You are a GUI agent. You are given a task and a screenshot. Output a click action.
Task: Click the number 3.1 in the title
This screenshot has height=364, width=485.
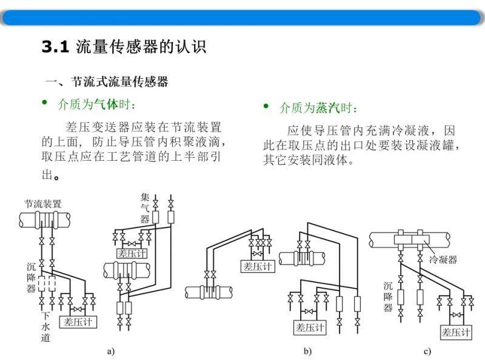pos(55,47)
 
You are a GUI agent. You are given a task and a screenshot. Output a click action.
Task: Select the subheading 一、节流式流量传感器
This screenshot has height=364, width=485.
pos(107,82)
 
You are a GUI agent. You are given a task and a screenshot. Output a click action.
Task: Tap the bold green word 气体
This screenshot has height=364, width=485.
pos(106,104)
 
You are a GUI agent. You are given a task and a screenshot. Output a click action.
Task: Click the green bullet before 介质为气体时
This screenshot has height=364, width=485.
pos(44,102)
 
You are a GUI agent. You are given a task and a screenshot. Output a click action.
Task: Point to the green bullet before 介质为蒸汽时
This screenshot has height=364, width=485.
pos(266,106)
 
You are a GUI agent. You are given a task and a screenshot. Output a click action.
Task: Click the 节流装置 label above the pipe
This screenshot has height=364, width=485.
pos(43,204)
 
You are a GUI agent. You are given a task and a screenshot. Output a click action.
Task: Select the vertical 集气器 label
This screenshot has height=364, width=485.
pos(145,208)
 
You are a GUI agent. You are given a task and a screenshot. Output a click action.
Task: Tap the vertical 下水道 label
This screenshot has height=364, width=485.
pos(45,327)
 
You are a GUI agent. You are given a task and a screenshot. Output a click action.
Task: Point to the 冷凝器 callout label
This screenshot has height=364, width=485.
pos(443,260)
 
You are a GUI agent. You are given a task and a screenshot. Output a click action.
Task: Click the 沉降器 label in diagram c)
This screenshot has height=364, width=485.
pos(388,296)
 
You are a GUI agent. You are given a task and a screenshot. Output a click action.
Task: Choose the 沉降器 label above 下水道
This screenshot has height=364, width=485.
pos(31,278)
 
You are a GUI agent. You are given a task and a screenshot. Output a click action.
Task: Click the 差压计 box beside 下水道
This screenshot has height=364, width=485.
pos(78,322)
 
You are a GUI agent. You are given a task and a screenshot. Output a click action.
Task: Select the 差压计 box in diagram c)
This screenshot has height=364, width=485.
pos(457,332)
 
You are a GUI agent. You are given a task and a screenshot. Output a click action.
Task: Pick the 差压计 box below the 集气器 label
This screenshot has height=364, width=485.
pos(132,254)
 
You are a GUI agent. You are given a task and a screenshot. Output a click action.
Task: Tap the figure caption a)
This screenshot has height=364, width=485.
pos(111,351)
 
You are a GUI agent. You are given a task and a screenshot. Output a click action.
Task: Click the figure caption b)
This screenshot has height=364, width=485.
pos(307,351)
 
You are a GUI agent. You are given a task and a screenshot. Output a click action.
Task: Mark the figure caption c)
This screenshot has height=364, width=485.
pos(427,351)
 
